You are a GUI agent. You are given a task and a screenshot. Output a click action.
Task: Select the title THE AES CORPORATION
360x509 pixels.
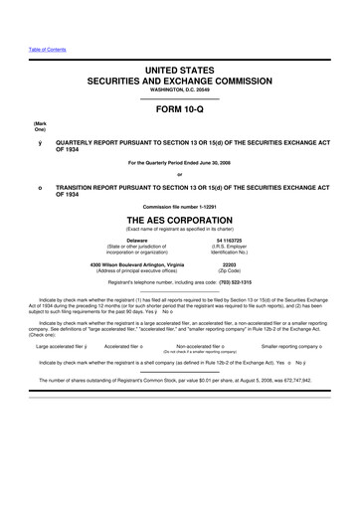(x=180, y=220)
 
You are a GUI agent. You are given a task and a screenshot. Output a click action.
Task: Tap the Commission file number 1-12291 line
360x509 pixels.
(x=180, y=205)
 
